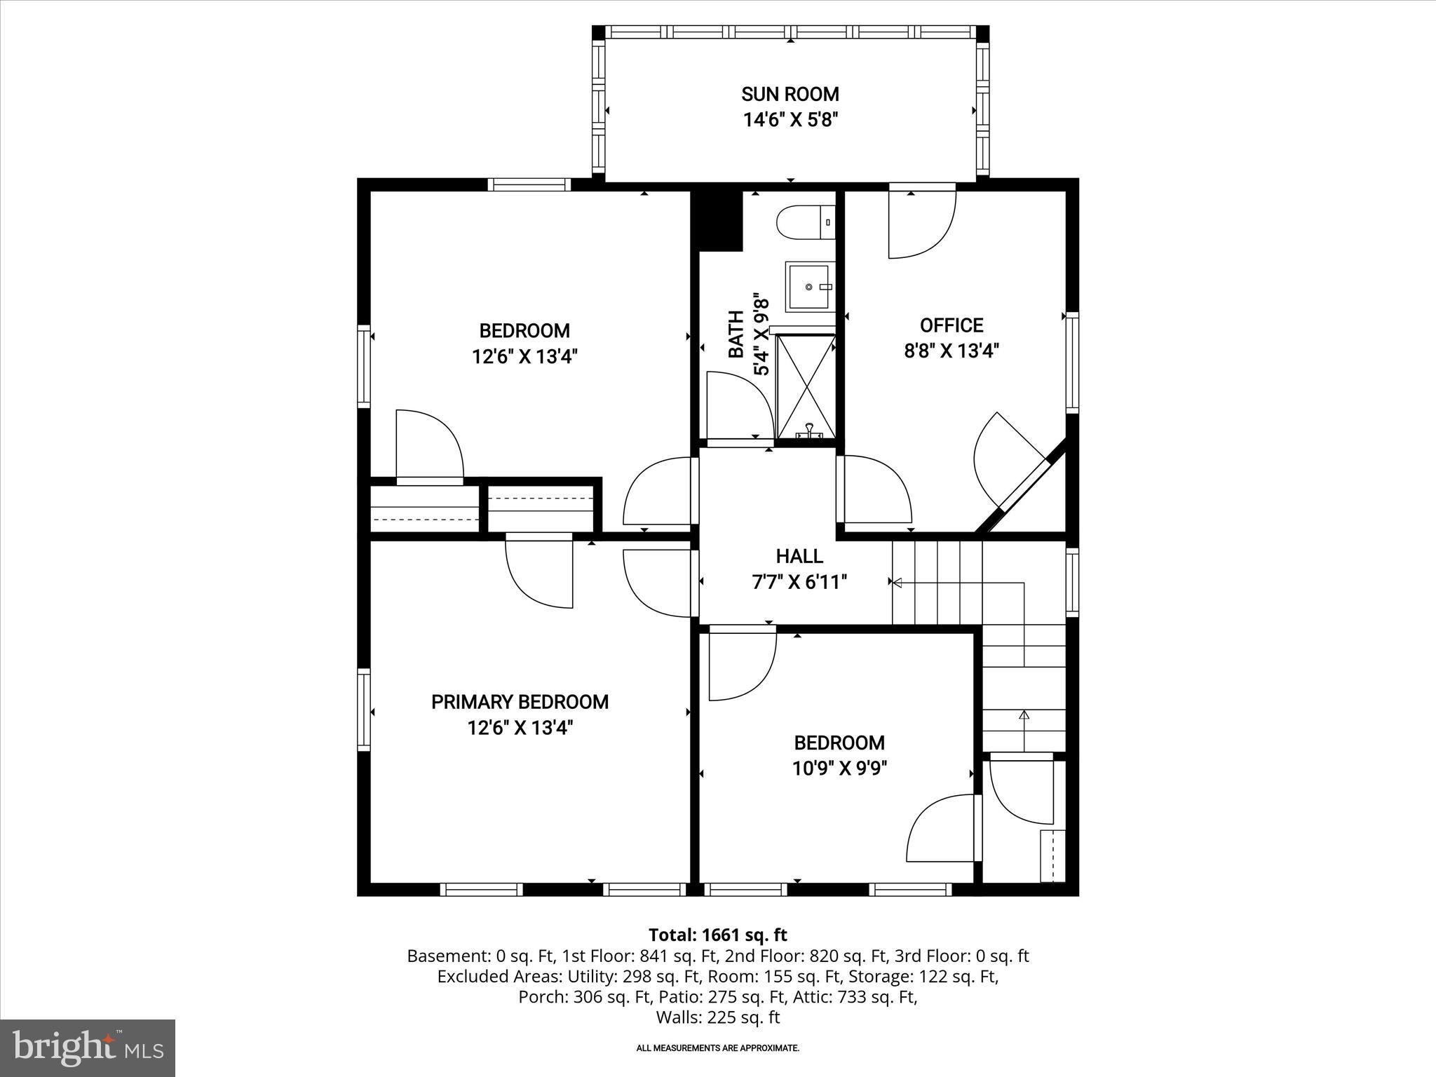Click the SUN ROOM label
[790, 94]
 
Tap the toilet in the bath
[805, 222]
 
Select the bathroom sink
[811, 287]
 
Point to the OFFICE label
[951, 325]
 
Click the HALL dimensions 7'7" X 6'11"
[799, 583]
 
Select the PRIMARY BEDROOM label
[520, 702]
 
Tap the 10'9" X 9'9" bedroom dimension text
[839, 769]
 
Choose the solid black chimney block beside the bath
[717, 220]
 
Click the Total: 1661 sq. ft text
[717, 935]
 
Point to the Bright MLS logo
[88, 1048]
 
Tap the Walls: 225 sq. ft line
[717, 1017]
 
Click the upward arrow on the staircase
[1024, 715]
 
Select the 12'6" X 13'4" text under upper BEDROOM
[524, 357]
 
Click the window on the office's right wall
[1071, 363]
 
